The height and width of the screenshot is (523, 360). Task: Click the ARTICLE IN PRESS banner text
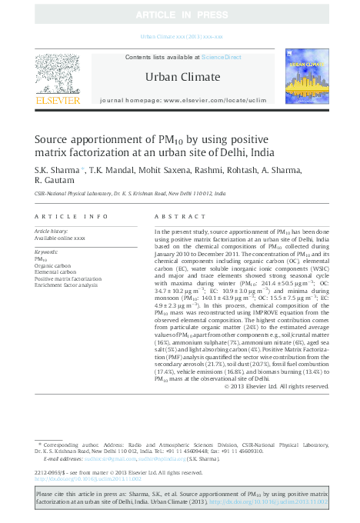click(x=179, y=15)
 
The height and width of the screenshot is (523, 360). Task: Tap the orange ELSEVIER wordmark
click(x=58, y=100)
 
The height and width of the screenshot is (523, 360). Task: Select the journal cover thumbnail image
click(x=307, y=76)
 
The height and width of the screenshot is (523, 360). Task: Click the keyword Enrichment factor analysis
click(x=66, y=285)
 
